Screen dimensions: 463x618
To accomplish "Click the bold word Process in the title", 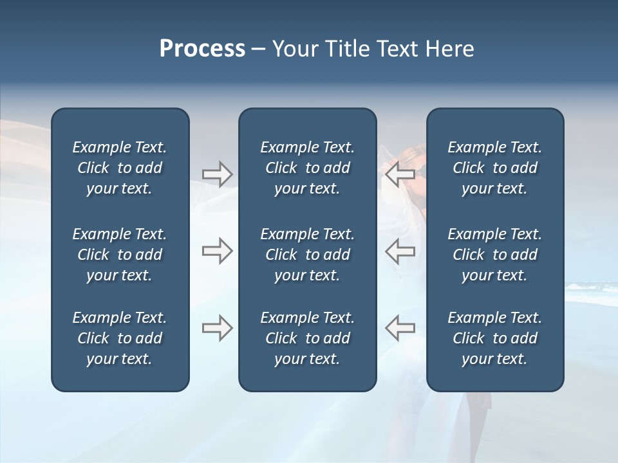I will click(x=202, y=49).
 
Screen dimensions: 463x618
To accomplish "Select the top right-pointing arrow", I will click(x=217, y=174).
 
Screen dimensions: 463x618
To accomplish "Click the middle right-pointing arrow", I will click(x=217, y=250).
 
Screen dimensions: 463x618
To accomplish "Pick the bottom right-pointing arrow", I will click(x=217, y=328).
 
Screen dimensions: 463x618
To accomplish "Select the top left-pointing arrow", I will click(x=400, y=174).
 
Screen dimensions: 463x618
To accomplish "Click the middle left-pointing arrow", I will click(x=400, y=250).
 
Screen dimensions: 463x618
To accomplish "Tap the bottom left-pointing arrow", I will click(x=400, y=328).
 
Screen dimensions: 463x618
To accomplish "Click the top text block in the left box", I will click(x=120, y=168).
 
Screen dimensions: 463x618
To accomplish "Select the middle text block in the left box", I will click(x=120, y=255).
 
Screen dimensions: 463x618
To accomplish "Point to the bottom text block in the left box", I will click(x=120, y=338).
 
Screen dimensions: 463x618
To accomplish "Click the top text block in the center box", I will click(x=307, y=168).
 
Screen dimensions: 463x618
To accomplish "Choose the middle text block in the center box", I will click(x=307, y=255).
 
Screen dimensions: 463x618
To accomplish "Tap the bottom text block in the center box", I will click(x=307, y=338).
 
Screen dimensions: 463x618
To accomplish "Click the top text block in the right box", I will click(x=494, y=168).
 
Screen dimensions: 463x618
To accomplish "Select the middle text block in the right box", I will click(x=494, y=255).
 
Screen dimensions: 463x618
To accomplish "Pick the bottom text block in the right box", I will click(x=494, y=338).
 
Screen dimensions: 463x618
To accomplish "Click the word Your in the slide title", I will click(x=293, y=49).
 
